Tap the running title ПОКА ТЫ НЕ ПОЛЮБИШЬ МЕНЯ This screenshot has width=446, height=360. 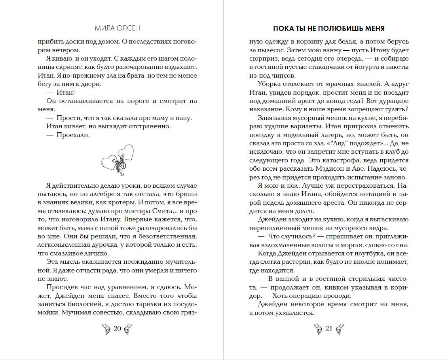pos(329,29)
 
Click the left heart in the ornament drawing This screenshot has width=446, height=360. pos(109,162)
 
